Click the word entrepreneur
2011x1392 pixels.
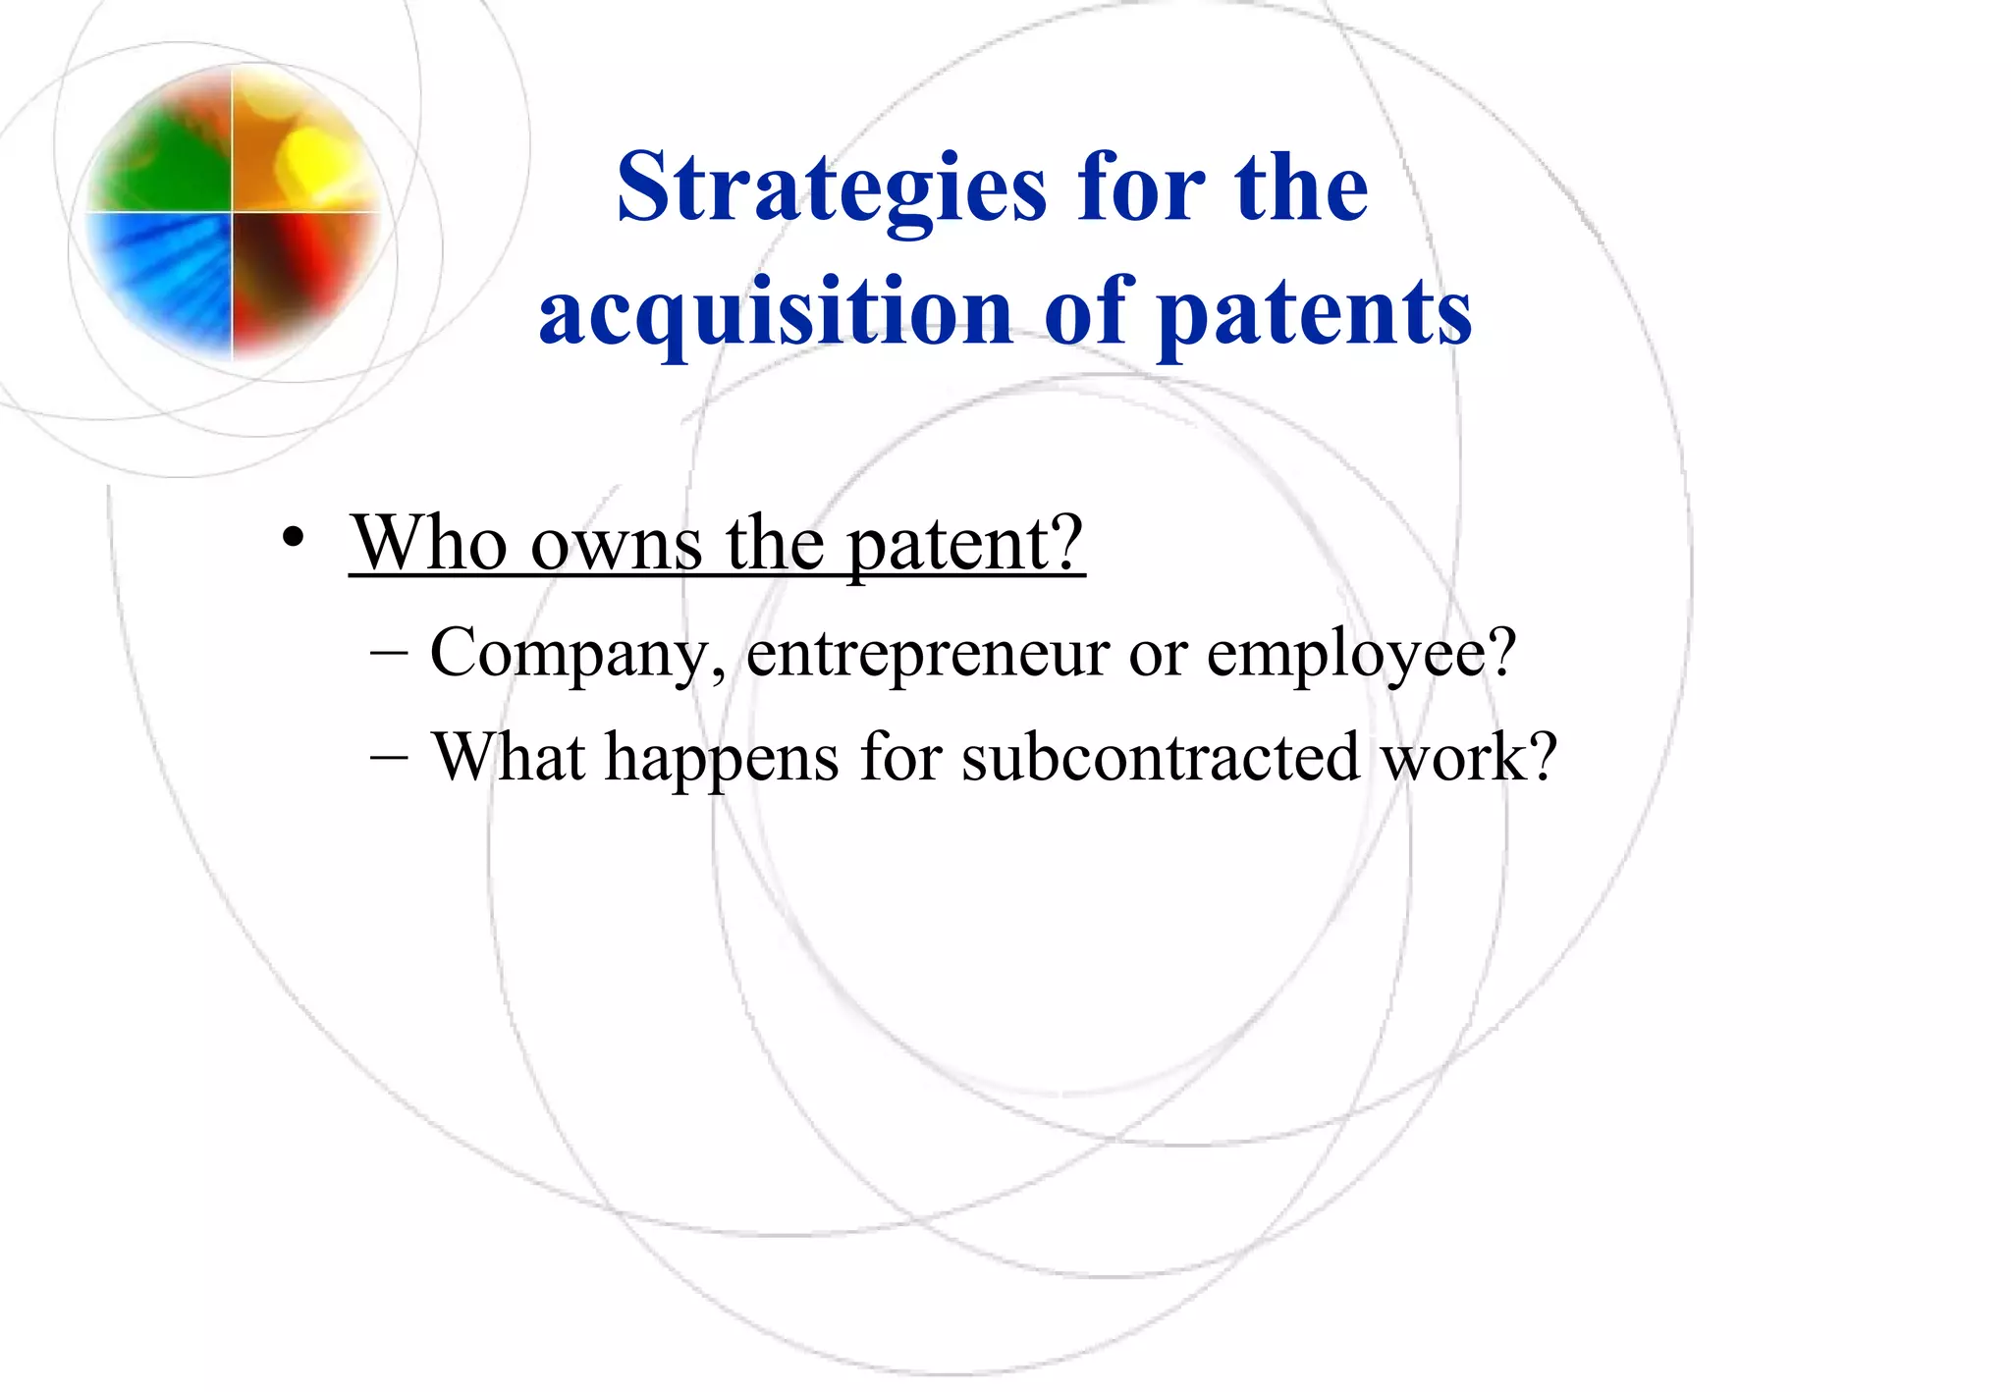click(x=927, y=654)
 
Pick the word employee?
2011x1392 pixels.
click(x=1361, y=654)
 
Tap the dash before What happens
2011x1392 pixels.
click(x=391, y=757)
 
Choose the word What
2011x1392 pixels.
click(x=509, y=757)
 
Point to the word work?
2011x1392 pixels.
click(x=1469, y=757)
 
